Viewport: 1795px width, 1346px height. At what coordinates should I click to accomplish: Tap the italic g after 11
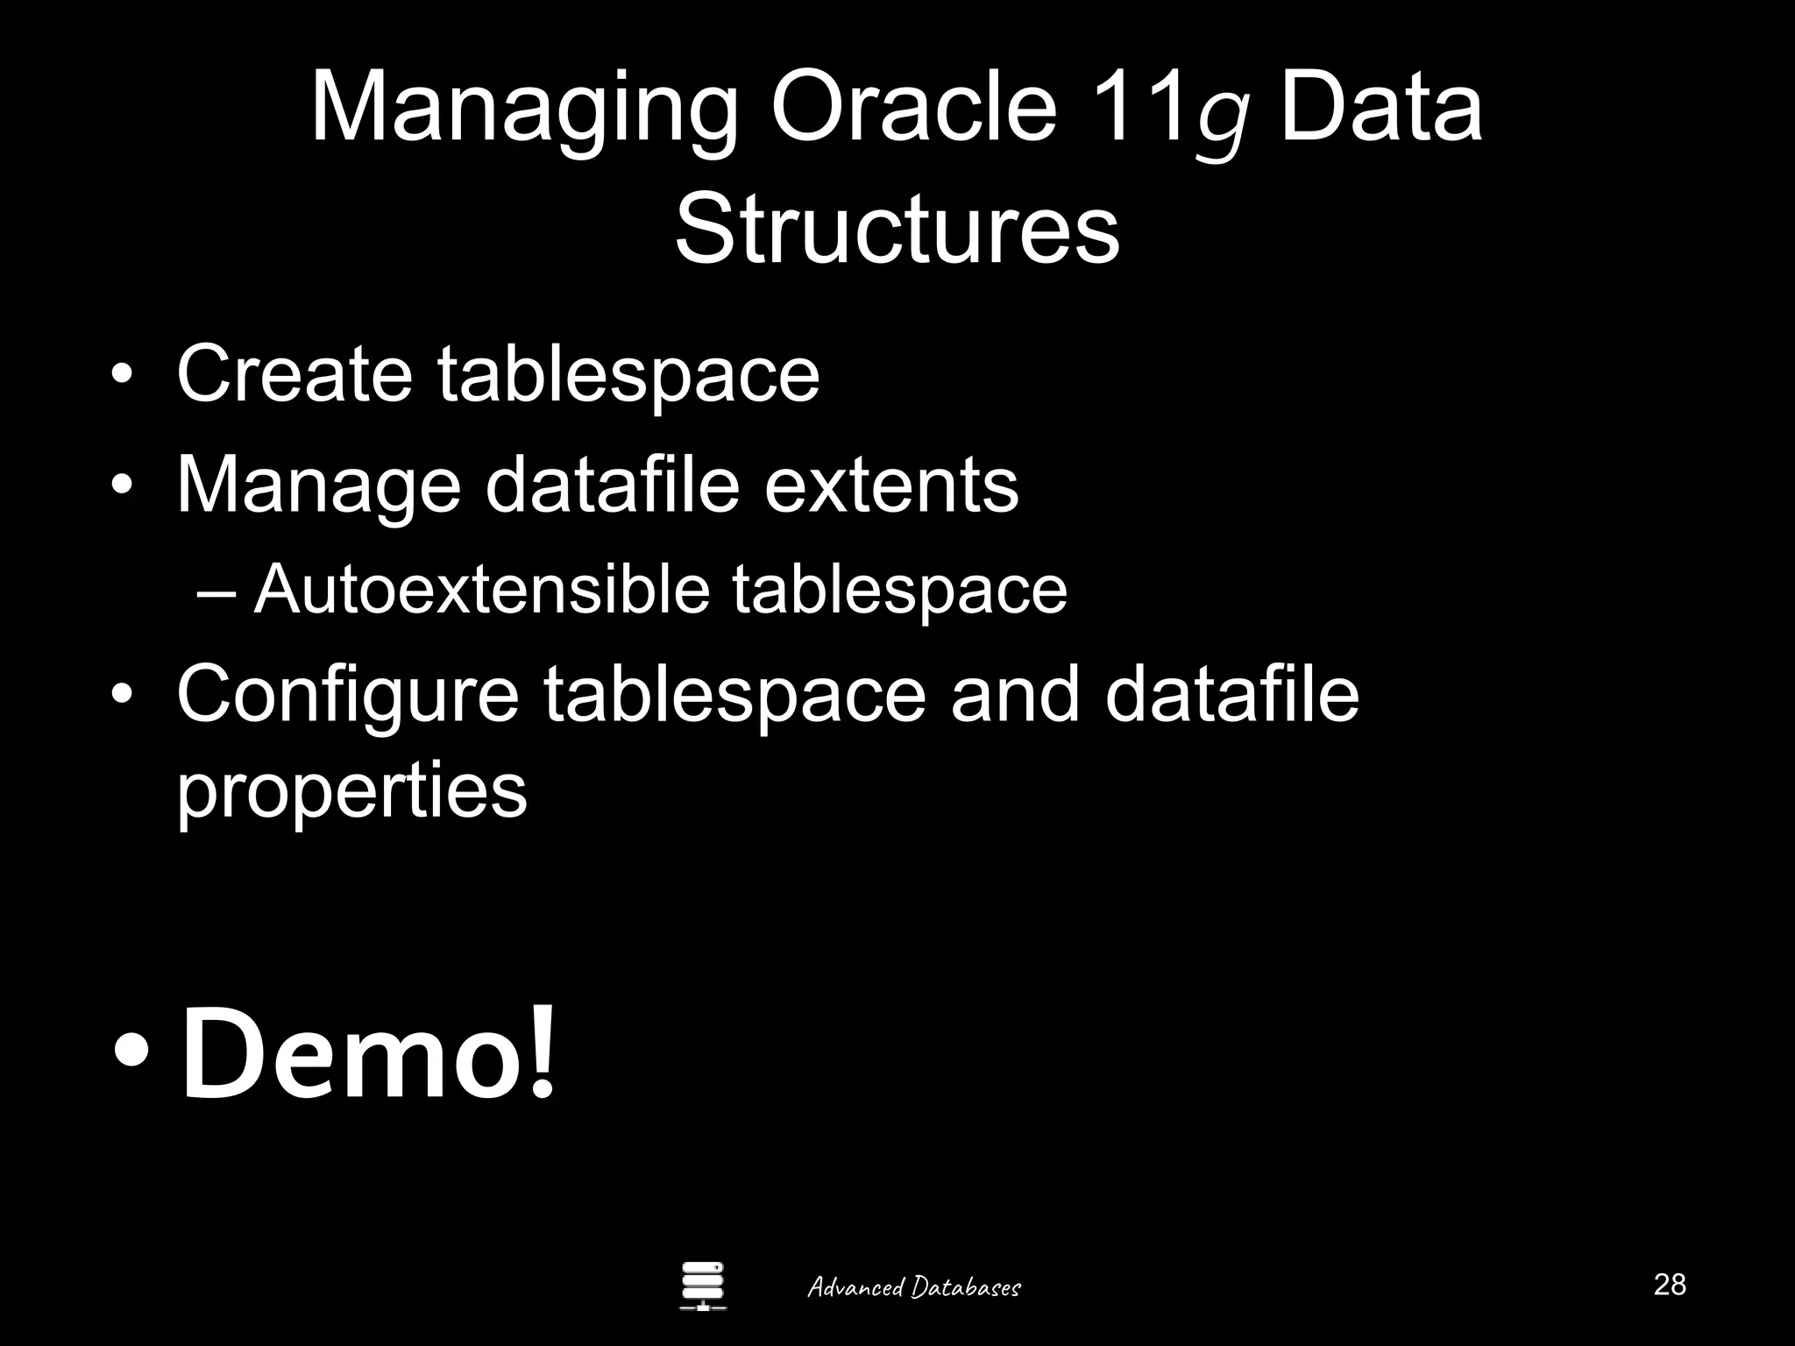tap(1224, 123)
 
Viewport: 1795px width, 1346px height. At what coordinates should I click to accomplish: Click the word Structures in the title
tap(897, 230)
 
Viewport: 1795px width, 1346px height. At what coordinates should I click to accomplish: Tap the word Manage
tap(319, 487)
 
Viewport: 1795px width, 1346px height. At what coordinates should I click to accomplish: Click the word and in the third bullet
tap(1015, 694)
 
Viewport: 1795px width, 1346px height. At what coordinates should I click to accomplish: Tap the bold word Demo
tap(351, 1054)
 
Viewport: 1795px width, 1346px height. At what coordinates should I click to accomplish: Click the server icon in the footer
tap(703, 1286)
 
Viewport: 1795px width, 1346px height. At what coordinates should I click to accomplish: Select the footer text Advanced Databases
tap(913, 1287)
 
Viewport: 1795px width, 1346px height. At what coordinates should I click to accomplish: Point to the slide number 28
tap(1669, 1285)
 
